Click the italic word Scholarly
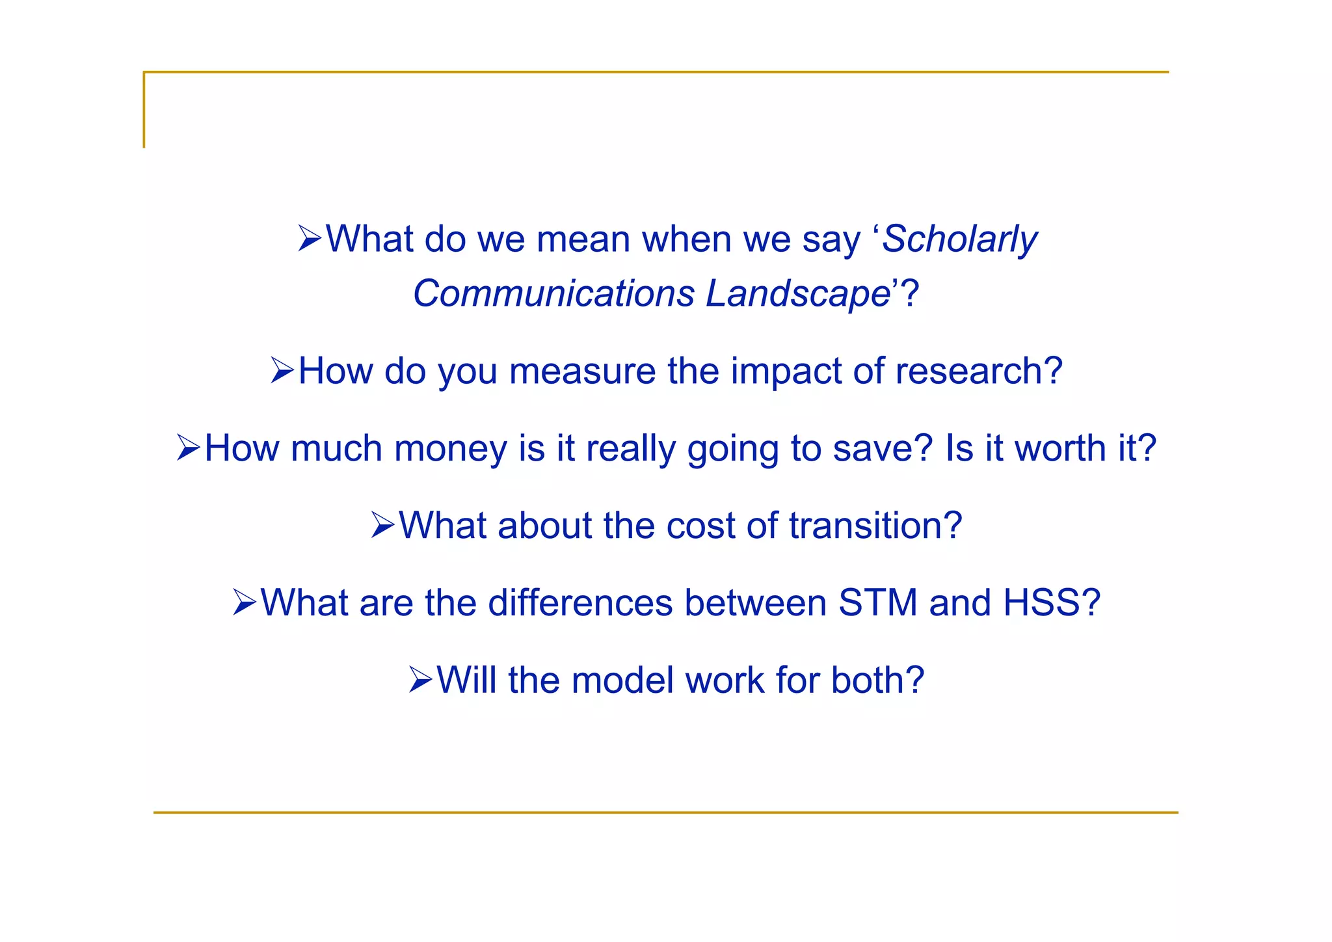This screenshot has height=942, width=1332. click(x=960, y=239)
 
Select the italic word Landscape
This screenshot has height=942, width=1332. click(x=798, y=293)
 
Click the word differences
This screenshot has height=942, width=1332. click(x=580, y=603)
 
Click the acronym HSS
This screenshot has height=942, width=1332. click(x=1040, y=603)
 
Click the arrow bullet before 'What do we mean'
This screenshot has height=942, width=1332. click(x=310, y=239)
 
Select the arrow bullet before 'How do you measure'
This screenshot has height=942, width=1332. click(x=282, y=371)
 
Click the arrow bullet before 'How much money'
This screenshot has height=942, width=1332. click(x=189, y=448)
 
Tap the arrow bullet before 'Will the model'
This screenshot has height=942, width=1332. click(x=421, y=680)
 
